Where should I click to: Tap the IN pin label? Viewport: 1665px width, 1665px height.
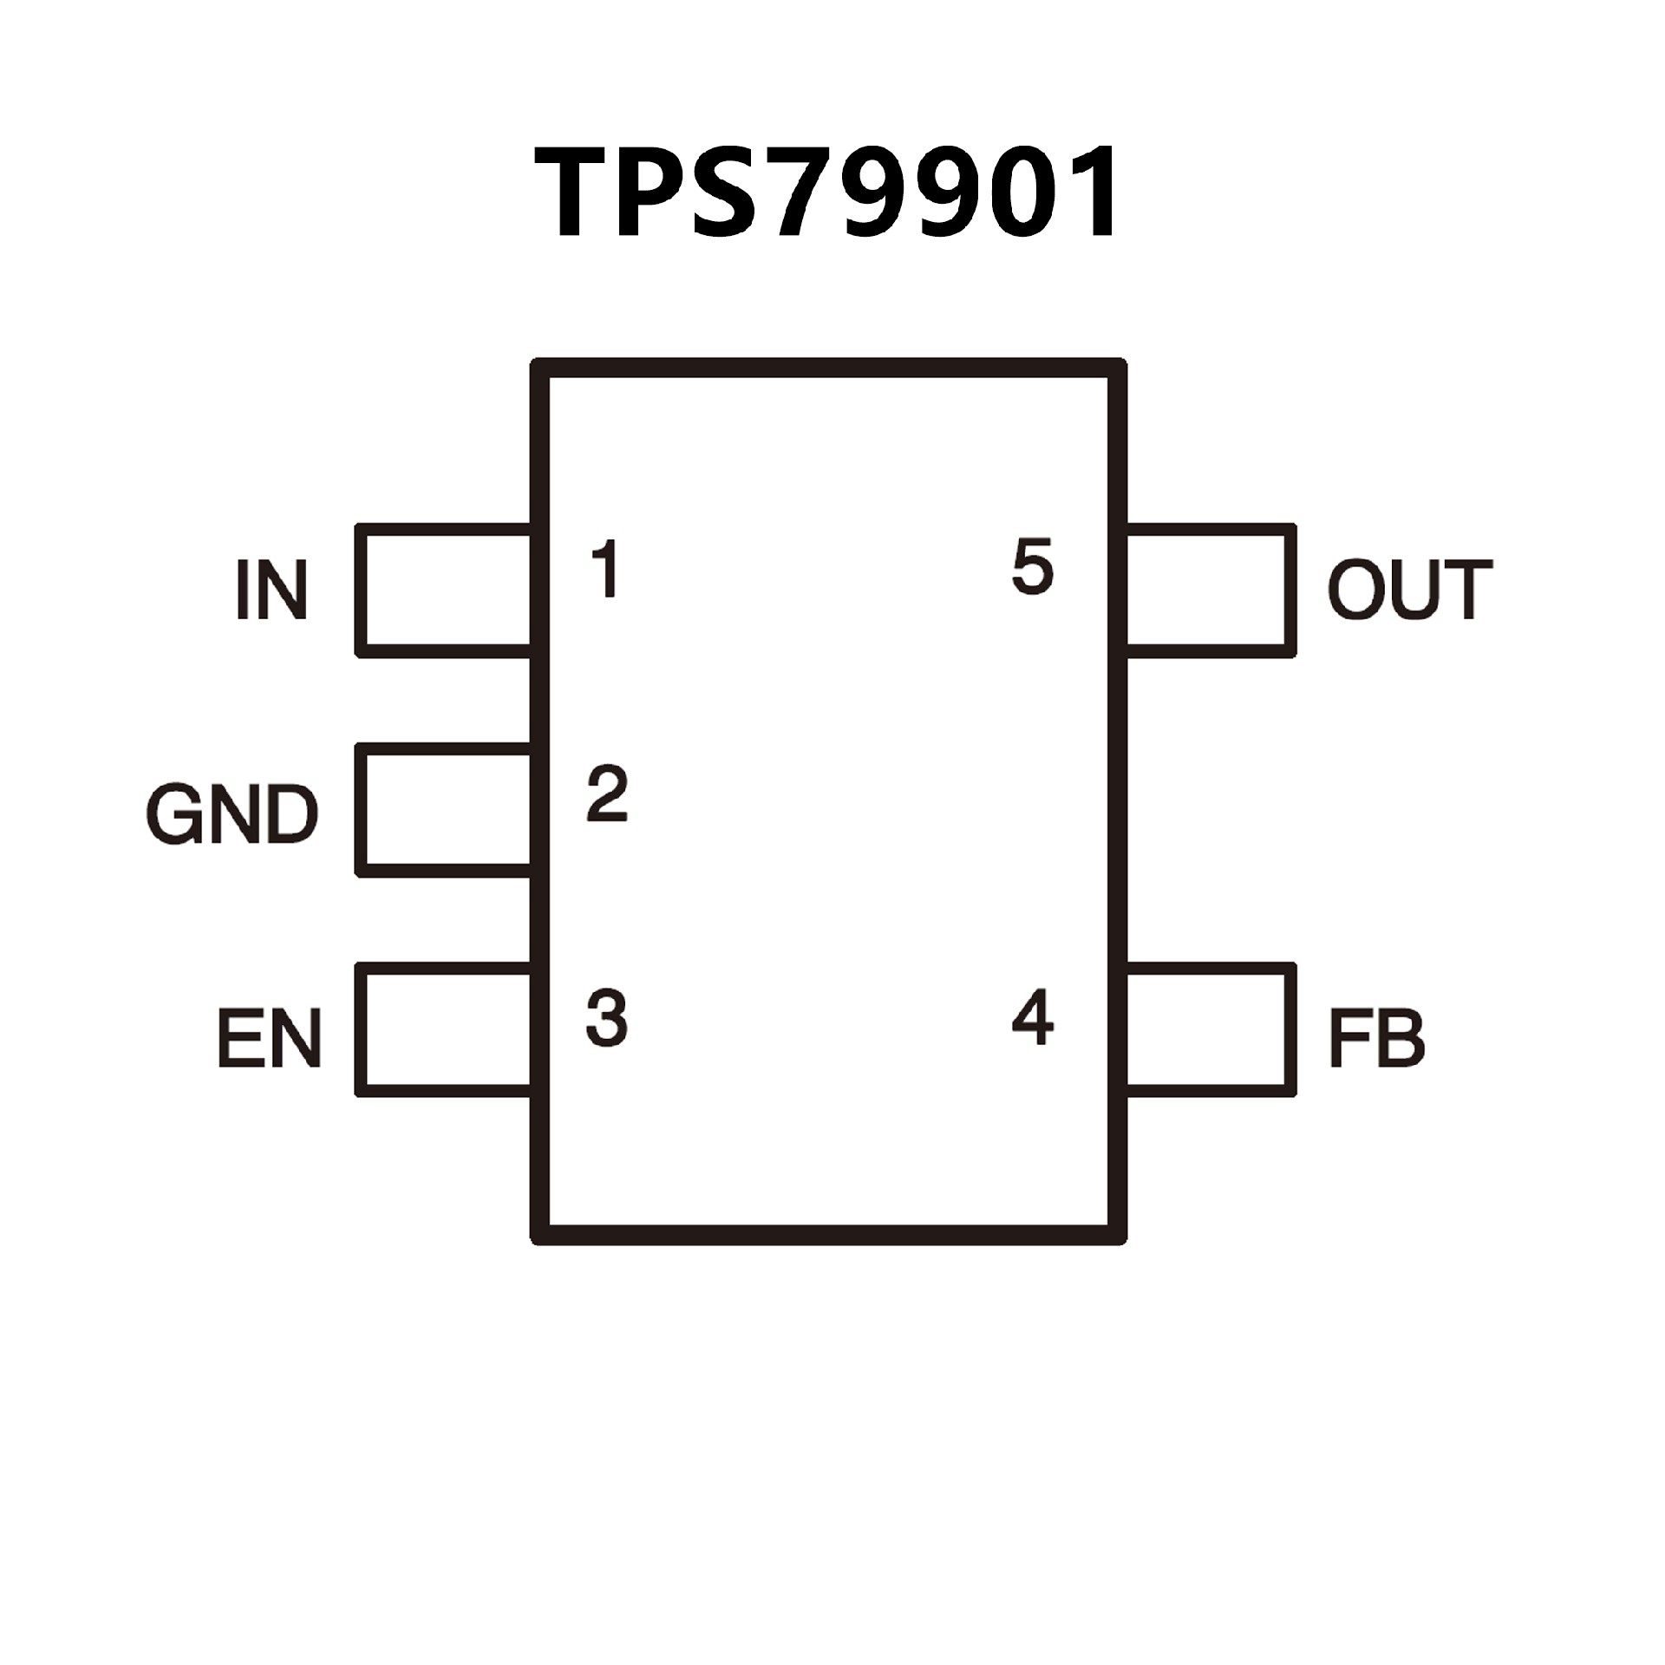point(271,590)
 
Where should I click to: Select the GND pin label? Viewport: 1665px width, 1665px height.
point(232,814)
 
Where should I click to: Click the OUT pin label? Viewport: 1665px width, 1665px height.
point(1410,590)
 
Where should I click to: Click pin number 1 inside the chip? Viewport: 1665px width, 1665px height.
point(606,569)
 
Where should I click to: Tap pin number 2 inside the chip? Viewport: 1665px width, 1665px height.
point(606,793)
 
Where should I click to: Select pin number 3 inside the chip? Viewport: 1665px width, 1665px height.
point(606,1017)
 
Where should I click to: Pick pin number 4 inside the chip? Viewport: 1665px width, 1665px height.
point(1032,1017)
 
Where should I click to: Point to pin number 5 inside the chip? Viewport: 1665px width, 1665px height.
point(1032,567)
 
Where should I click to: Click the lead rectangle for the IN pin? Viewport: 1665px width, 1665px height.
point(447,590)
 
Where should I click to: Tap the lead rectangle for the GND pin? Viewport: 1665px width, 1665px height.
point(447,809)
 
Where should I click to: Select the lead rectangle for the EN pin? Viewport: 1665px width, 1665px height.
point(447,1029)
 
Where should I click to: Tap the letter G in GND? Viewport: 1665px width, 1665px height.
point(173,814)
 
